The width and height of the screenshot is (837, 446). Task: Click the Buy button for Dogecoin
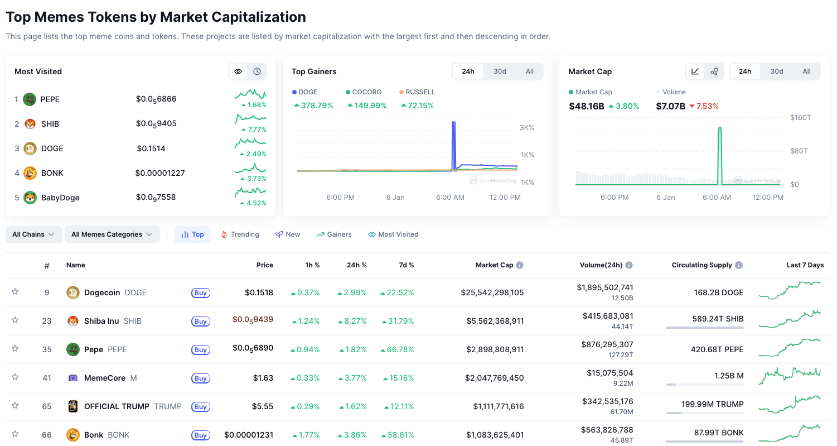[201, 292]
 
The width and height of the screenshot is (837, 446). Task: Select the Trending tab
[240, 234]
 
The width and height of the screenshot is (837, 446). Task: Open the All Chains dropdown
[33, 234]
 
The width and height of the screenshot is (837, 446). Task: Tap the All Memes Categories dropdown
[112, 234]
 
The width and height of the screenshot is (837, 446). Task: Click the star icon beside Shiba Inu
[15, 320]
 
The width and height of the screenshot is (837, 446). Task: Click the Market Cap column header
[494, 265]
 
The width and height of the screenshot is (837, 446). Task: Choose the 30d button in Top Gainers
[500, 71]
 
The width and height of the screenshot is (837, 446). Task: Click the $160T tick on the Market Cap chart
[800, 117]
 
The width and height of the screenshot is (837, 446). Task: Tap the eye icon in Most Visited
[238, 71]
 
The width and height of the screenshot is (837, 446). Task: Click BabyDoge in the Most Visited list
[60, 198]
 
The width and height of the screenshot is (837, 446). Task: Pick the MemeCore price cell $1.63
[263, 378]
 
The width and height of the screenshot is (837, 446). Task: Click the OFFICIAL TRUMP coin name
[117, 406]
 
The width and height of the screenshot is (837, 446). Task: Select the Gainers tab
[334, 234]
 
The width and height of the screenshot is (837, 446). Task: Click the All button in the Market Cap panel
[806, 71]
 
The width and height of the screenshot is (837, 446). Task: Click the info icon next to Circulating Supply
[739, 265]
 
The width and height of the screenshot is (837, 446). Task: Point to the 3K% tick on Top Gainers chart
[526, 128]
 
